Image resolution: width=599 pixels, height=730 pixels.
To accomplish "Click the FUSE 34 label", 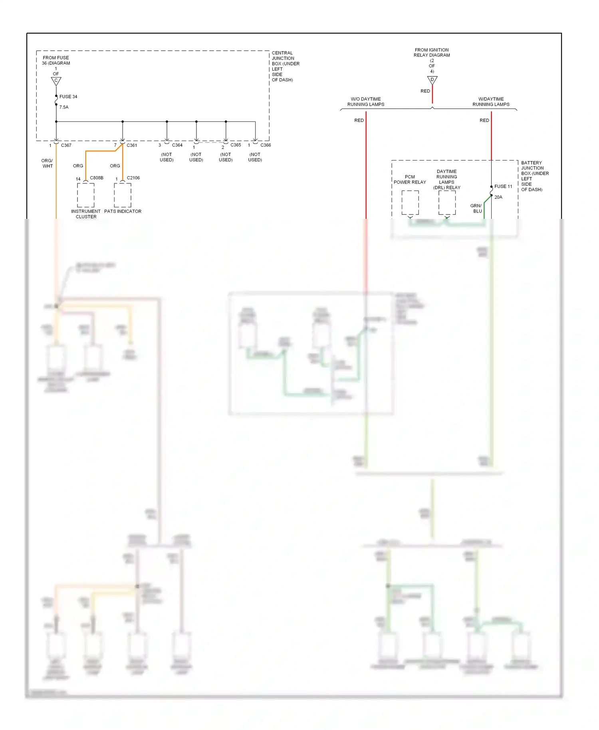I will click(68, 97).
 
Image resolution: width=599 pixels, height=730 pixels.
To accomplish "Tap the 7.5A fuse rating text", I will click(64, 107).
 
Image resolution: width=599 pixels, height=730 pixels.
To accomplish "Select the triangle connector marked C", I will click(56, 81).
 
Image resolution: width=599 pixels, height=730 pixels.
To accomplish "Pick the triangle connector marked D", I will click(432, 80).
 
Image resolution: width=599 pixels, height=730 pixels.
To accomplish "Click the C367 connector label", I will click(66, 145).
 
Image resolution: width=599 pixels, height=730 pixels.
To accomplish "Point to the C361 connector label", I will click(132, 145).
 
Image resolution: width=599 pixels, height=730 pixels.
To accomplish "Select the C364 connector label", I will click(177, 145).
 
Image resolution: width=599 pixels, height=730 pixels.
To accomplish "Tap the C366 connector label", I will click(266, 145).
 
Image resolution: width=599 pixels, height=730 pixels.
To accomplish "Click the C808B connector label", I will click(97, 178).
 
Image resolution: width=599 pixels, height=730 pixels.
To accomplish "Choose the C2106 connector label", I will click(133, 178).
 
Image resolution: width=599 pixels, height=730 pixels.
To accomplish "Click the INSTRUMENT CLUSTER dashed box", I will click(86, 195).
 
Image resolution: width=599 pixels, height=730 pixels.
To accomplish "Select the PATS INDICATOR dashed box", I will click(123, 195).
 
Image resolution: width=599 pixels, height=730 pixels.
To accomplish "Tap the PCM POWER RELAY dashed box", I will click(410, 202).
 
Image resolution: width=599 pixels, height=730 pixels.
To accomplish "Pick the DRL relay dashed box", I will click(447, 202).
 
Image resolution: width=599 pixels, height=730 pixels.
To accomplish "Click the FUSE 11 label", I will click(503, 186).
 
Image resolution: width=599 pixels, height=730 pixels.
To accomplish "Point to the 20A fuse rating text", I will click(498, 197).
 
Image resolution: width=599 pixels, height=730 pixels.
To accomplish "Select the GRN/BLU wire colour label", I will click(476, 208).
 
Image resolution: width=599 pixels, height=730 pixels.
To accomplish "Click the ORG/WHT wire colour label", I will click(48, 163).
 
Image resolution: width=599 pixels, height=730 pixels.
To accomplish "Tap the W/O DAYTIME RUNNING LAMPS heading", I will click(366, 102).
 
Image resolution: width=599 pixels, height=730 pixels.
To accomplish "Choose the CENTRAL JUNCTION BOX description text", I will click(285, 66).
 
